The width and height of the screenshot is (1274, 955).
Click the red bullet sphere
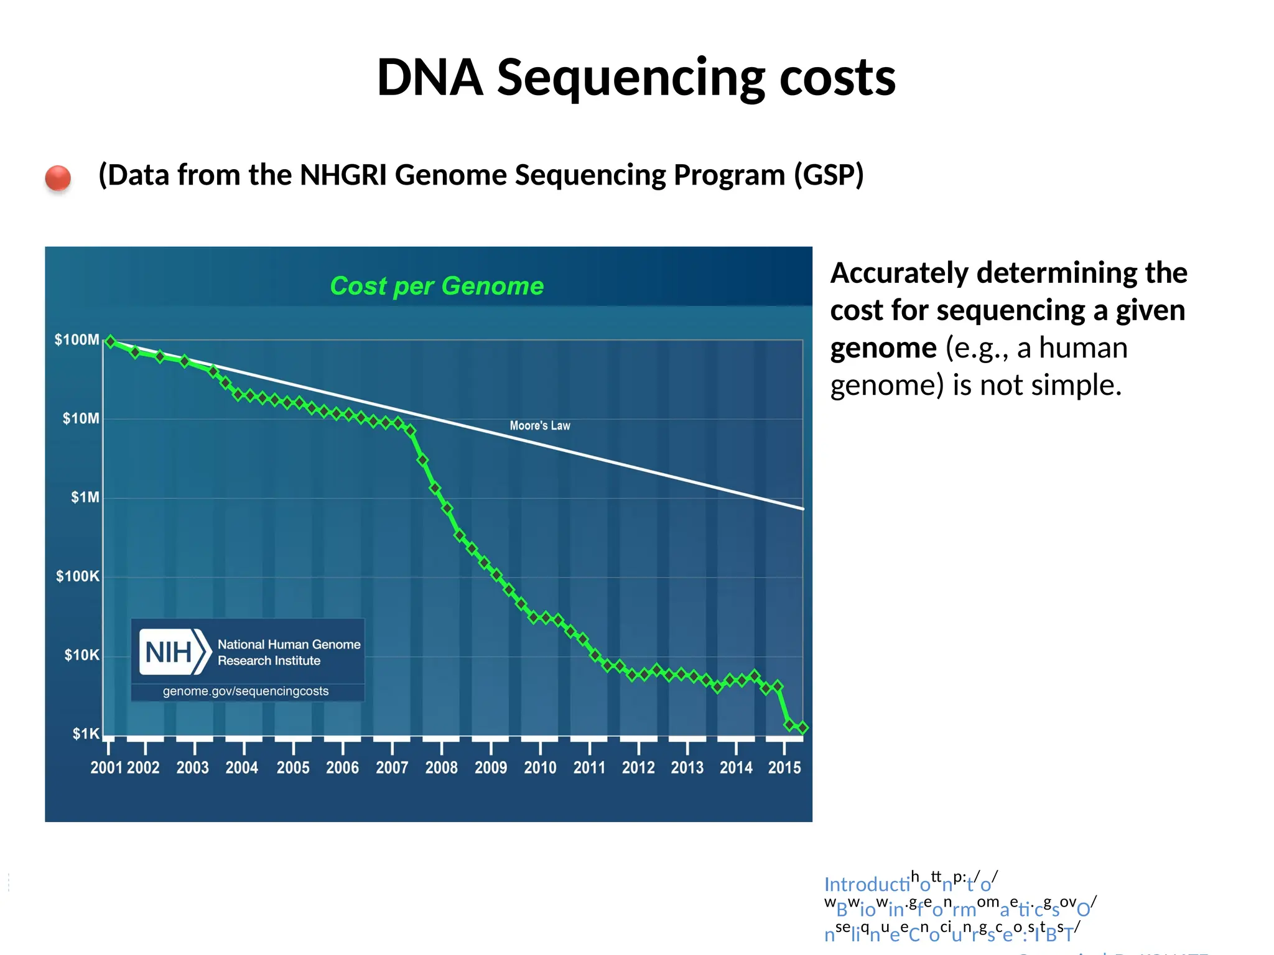[x=58, y=178]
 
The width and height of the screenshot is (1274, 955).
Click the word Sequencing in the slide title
[x=631, y=78]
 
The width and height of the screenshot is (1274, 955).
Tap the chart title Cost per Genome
[x=437, y=286]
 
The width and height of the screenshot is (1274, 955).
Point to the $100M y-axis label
[x=77, y=339]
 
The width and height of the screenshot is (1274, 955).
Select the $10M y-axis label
[x=80, y=418]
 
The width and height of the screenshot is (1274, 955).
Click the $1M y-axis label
[x=85, y=497]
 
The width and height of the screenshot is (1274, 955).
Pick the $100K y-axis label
[x=77, y=576]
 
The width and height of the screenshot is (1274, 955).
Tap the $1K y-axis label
[x=85, y=734]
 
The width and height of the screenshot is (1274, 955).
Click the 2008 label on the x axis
[x=441, y=768]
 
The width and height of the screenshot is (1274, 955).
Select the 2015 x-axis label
[x=784, y=768]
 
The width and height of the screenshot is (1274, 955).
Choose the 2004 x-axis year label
[x=241, y=768]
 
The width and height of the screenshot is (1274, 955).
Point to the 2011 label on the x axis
[x=589, y=768]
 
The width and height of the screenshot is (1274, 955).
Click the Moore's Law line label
[x=539, y=426]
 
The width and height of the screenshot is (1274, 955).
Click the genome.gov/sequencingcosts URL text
[x=246, y=691]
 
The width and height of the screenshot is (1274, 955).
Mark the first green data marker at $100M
[x=111, y=341]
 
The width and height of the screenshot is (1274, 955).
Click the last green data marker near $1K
[x=802, y=727]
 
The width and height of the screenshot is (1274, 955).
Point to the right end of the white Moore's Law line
[x=802, y=509]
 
